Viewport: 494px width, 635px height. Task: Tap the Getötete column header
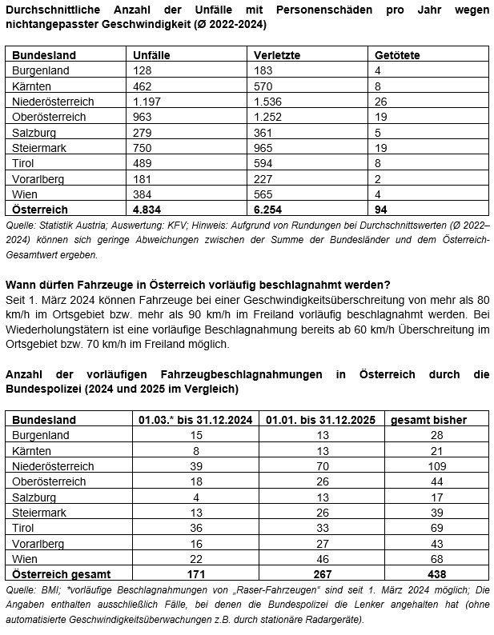(397, 55)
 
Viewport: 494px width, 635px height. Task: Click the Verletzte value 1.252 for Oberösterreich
(268, 118)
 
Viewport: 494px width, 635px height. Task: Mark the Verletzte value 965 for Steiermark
(263, 148)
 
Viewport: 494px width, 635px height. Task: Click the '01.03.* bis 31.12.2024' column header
(189, 419)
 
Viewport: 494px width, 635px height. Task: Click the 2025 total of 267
(322, 573)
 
